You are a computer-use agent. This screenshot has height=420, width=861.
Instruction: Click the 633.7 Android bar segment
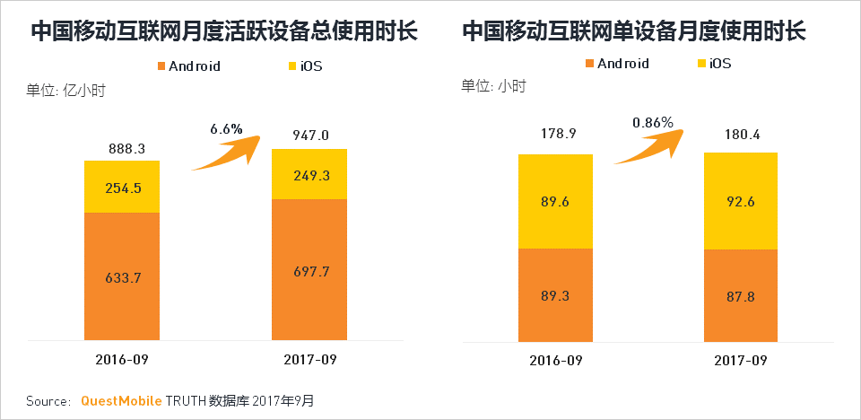point(122,276)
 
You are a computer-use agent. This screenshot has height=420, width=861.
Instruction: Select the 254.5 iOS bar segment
point(122,187)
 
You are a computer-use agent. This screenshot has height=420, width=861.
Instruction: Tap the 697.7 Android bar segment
point(309,269)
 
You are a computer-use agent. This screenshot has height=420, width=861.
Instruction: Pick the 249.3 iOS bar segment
point(309,174)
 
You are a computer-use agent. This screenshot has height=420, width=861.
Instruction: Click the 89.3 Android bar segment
point(555,294)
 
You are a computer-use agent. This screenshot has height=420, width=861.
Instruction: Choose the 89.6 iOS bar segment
point(555,201)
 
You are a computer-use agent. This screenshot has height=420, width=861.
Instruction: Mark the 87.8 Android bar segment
point(740,295)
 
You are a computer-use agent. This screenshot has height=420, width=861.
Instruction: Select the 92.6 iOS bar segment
point(740,201)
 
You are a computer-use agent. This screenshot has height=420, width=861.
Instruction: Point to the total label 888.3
point(123,146)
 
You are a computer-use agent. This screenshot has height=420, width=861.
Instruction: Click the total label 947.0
point(310,136)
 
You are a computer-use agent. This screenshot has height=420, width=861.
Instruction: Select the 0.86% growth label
point(652,122)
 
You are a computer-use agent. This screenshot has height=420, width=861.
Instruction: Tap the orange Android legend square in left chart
point(161,66)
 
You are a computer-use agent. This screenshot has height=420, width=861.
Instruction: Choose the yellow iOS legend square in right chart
point(700,64)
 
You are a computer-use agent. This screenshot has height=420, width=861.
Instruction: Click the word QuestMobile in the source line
point(121,400)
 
